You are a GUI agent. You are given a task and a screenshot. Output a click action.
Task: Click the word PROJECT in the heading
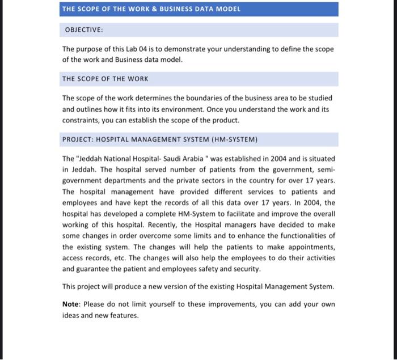[79, 139]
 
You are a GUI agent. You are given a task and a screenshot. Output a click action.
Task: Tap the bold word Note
[70, 304]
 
